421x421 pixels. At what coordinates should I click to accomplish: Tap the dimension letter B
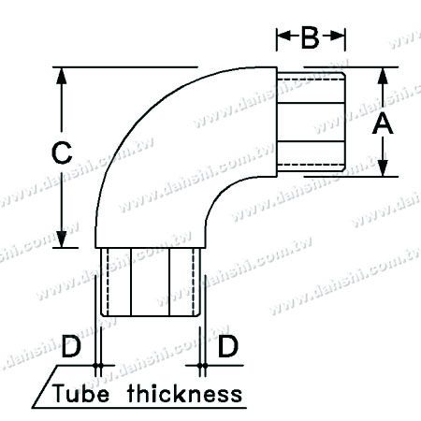point(312,38)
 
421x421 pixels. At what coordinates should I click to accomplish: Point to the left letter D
point(69,348)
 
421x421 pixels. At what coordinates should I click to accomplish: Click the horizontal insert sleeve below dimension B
point(313,122)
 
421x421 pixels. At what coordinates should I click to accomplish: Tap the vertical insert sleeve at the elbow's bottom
point(150,285)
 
